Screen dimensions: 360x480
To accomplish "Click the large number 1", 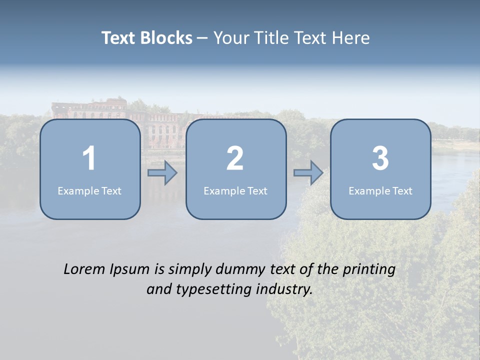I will pyautogui.click(x=89, y=158).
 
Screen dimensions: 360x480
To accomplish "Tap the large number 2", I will pyautogui.click(x=235, y=158).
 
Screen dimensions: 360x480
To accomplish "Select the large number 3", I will pyautogui.click(x=380, y=158).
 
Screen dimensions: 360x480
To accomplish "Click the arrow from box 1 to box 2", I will pyautogui.click(x=162, y=173).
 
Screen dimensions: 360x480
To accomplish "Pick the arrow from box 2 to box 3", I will pyautogui.click(x=308, y=173).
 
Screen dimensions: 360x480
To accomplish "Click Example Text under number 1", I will pyautogui.click(x=89, y=190).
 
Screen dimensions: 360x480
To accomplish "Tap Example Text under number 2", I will pyautogui.click(x=235, y=190).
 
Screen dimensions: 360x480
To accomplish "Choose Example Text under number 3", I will pyautogui.click(x=380, y=190).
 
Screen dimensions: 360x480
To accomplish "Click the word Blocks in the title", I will pyautogui.click(x=166, y=38).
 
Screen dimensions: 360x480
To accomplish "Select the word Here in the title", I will pyautogui.click(x=351, y=38).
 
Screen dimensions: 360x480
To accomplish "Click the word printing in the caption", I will pyautogui.click(x=368, y=270).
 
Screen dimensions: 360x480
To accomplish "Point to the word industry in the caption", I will pyautogui.click(x=284, y=289).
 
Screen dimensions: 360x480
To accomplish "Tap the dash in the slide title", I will pyautogui.click(x=202, y=38).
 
